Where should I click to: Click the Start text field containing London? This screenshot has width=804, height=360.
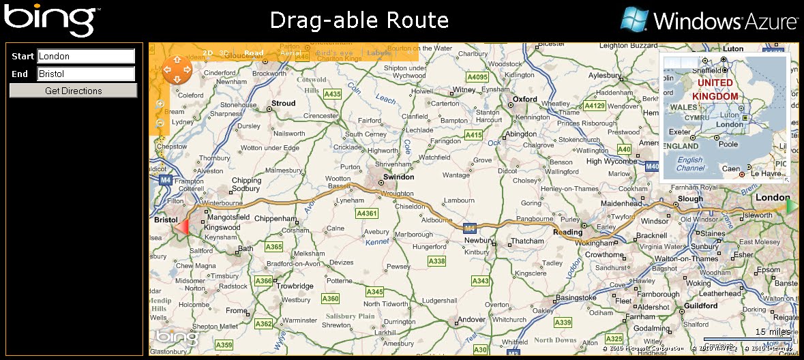pos(86,56)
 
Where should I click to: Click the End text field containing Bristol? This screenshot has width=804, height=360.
pos(86,74)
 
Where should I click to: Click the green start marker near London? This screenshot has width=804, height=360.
pos(792,205)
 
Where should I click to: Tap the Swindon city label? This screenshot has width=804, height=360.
pos(398,177)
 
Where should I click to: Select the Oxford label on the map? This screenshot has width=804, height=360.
pos(525,99)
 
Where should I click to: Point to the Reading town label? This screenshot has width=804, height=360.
pos(567,232)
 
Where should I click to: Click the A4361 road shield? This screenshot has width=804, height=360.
pos(367,213)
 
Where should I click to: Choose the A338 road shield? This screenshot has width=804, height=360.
pos(436,261)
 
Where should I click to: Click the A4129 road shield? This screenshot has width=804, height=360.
pos(595,106)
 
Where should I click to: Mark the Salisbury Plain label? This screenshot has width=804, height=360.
pos(350,316)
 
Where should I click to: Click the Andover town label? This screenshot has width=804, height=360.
pos(471,319)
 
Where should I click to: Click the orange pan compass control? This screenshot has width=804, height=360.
pos(177,70)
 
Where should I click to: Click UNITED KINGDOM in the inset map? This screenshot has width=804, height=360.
pos(715,89)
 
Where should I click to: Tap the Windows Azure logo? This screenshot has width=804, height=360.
pos(709,20)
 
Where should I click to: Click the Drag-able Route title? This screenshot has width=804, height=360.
pos(359,20)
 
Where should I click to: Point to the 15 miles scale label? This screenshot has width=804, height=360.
pos(773,332)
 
